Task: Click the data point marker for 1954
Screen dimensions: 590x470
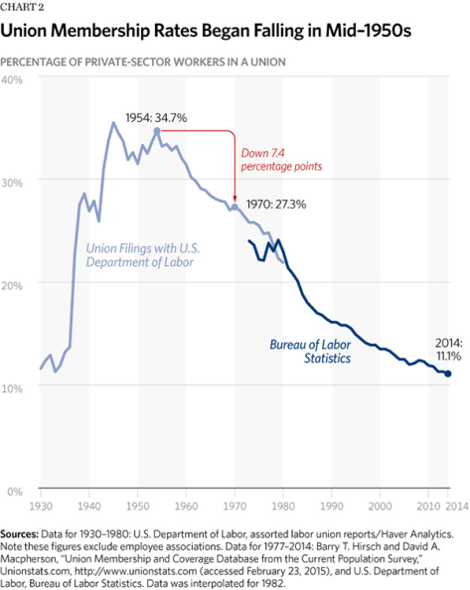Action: (x=157, y=131)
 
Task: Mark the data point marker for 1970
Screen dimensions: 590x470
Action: (x=235, y=208)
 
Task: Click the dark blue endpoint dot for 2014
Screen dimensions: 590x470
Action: (x=448, y=373)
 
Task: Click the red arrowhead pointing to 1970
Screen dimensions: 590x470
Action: (x=235, y=199)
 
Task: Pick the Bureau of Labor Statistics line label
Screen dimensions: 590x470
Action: (x=311, y=351)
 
